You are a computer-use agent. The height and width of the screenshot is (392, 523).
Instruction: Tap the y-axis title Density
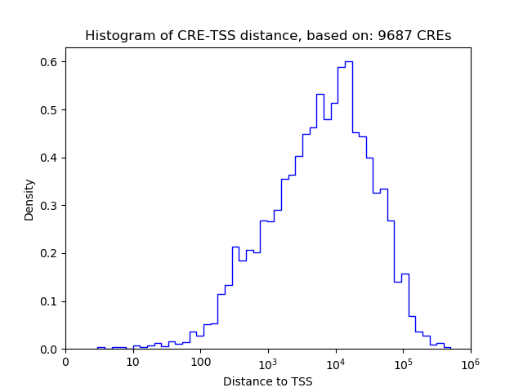pyautogui.click(x=29, y=199)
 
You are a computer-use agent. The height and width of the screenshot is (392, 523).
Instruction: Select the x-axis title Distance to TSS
pyautogui.click(x=267, y=381)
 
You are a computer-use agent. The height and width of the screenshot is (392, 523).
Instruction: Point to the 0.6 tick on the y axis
pyautogui.click(x=50, y=62)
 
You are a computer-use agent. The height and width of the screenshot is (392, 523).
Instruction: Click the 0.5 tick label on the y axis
pyautogui.click(x=50, y=110)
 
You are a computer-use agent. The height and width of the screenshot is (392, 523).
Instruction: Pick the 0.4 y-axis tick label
pyautogui.click(x=50, y=158)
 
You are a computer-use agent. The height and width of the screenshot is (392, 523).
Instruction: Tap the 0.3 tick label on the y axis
pyautogui.click(x=50, y=206)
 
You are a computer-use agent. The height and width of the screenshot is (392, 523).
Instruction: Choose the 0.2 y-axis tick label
pyautogui.click(x=50, y=253)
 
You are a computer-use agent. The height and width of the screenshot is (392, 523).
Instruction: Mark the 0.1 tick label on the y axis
pyautogui.click(x=50, y=301)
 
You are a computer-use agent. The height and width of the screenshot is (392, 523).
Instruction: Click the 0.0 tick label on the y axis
pyautogui.click(x=50, y=350)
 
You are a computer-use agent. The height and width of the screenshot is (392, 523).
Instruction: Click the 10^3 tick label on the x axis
pyautogui.click(x=268, y=362)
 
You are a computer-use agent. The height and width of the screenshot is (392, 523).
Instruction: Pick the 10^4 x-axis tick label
pyautogui.click(x=335, y=362)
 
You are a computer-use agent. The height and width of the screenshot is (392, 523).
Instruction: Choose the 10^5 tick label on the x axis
pyautogui.click(x=403, y=362)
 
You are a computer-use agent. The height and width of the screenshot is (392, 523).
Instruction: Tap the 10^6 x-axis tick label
pyautogui.click(x=470, y=362)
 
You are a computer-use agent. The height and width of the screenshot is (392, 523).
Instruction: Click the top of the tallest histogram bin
pyautogui.click(x=348, y=61)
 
